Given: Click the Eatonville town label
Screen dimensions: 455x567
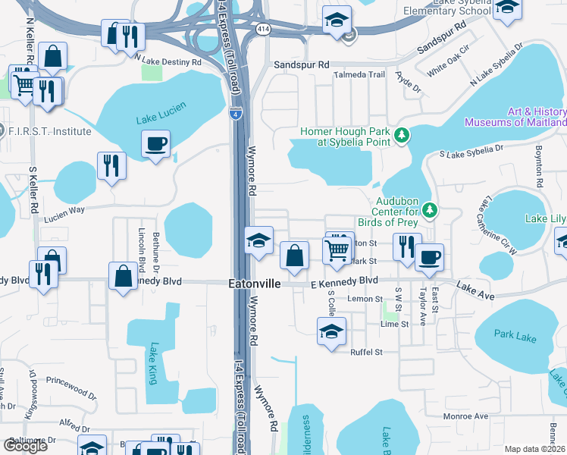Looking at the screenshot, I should [255, 283].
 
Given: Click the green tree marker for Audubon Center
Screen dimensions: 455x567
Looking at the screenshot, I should [430, 209].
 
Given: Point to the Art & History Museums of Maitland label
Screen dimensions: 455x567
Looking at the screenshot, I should [515, 117].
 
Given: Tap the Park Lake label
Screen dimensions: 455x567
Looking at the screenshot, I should [515, 334].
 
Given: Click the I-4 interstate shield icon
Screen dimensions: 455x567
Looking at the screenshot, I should [237, 113].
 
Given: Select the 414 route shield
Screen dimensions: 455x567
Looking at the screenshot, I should [262, 28].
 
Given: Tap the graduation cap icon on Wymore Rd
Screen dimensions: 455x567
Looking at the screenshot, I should [258, 241].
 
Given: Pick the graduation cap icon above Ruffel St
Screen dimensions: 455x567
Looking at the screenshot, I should [331, 331].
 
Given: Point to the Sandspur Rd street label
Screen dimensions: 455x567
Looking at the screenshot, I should [302, 65].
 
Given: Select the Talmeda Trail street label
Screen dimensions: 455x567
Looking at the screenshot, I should [361, 75].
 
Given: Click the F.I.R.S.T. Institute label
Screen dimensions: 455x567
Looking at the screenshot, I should [49, 131].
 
